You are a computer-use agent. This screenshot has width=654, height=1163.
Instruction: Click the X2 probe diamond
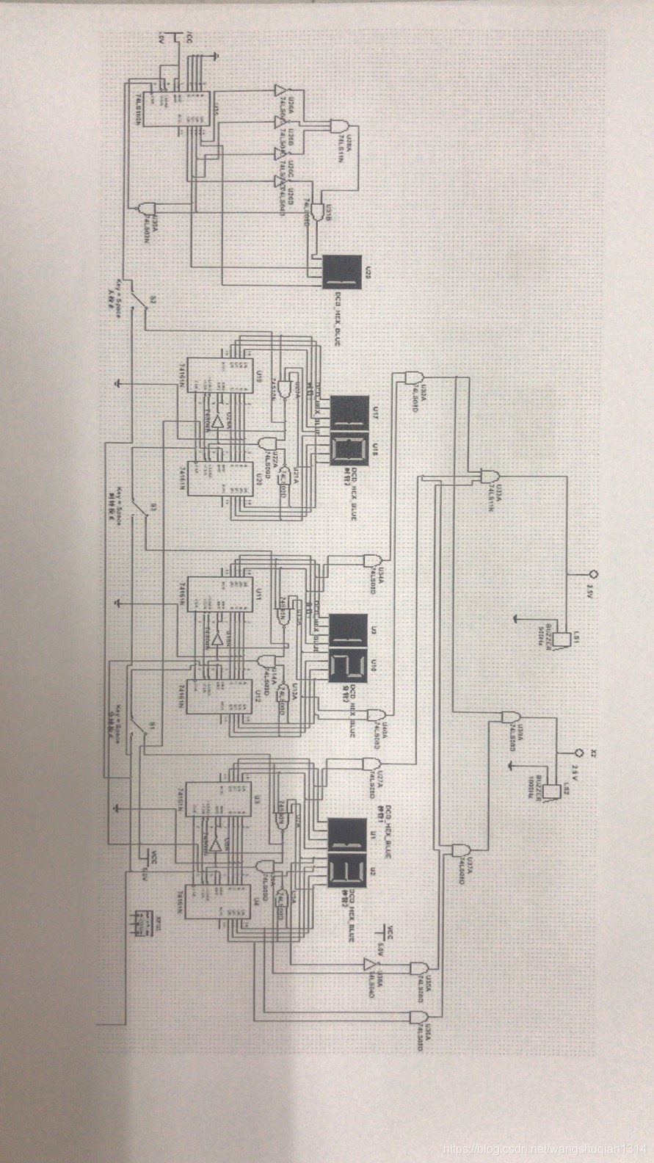pos(578,753)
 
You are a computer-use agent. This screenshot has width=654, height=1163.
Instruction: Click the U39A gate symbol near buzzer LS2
pos(508,716)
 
